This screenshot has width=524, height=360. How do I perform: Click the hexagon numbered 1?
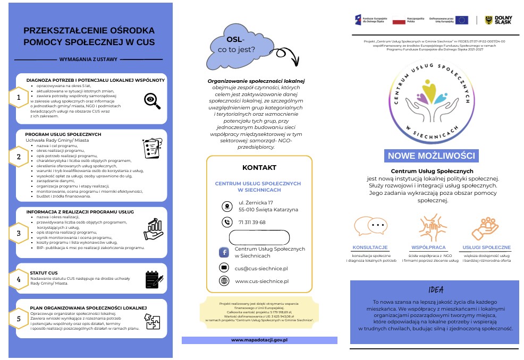click(x=19, y=98)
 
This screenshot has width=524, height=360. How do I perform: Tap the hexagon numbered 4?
click(x=19, y=279)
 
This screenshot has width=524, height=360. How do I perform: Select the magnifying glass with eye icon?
click(x=153, y=100)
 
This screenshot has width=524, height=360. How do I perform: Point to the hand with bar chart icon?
click(x=154, y=228)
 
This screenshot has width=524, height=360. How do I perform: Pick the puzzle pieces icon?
click(x=153, y=321)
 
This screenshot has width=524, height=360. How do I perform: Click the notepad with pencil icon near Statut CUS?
click(x=154, y=279)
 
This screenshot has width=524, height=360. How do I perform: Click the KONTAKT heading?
click(x=259, y=168)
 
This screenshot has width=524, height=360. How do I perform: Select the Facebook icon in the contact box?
click(x=224, y=252)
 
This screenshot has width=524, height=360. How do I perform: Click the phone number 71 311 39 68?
click(x=252, y=222)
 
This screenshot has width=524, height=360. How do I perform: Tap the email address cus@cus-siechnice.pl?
click(x=261, y=269)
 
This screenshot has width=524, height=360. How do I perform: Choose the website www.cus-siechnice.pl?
click(x=261, y=281)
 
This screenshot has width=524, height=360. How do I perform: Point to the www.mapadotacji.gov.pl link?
click(x=259, y=340)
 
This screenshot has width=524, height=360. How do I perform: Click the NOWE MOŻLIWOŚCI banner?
click(x=431, y=156)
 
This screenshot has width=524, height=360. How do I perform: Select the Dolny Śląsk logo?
click(x=498, y=20)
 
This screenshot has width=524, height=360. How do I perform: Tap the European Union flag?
click(x=461, y=20)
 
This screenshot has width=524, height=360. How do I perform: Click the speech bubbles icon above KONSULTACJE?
click(x=370, y=226)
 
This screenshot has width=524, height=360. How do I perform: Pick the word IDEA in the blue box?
click(x=435, y=289)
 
